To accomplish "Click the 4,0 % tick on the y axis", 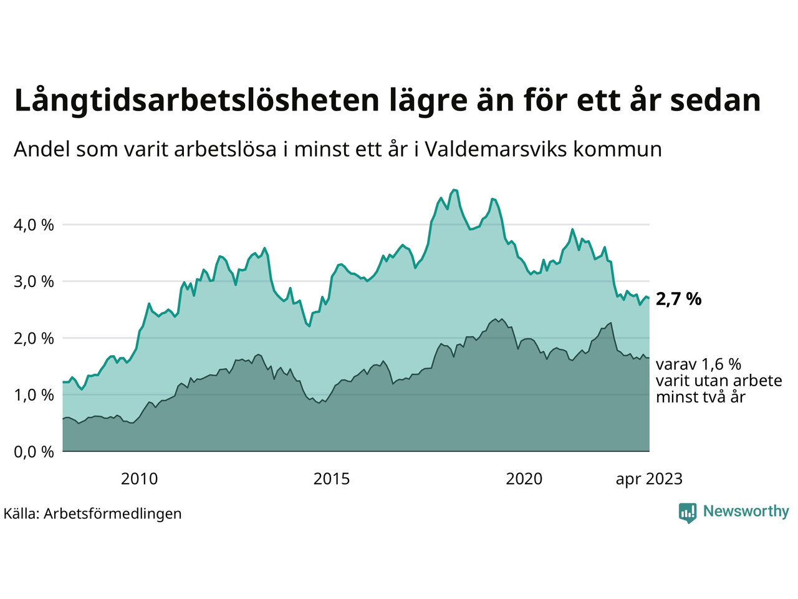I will [34, 225].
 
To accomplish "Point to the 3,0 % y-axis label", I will [34, 281].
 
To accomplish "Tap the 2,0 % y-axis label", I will [34, 338].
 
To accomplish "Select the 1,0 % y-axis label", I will [34, 395].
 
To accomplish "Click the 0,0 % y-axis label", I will [34, 452].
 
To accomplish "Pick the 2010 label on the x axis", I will [139, 479].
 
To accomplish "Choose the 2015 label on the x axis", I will [332, 479].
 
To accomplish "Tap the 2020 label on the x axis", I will [524, 479].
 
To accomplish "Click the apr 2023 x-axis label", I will [649, 479].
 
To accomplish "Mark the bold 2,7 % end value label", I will [678, 299].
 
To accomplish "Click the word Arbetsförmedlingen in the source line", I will [113, 514].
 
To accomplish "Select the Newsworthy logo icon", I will [688, 513].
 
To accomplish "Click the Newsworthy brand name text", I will [746, 512].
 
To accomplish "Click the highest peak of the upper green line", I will [454, 190].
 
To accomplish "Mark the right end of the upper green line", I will [649, 298].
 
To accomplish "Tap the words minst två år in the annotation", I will [700, 397].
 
